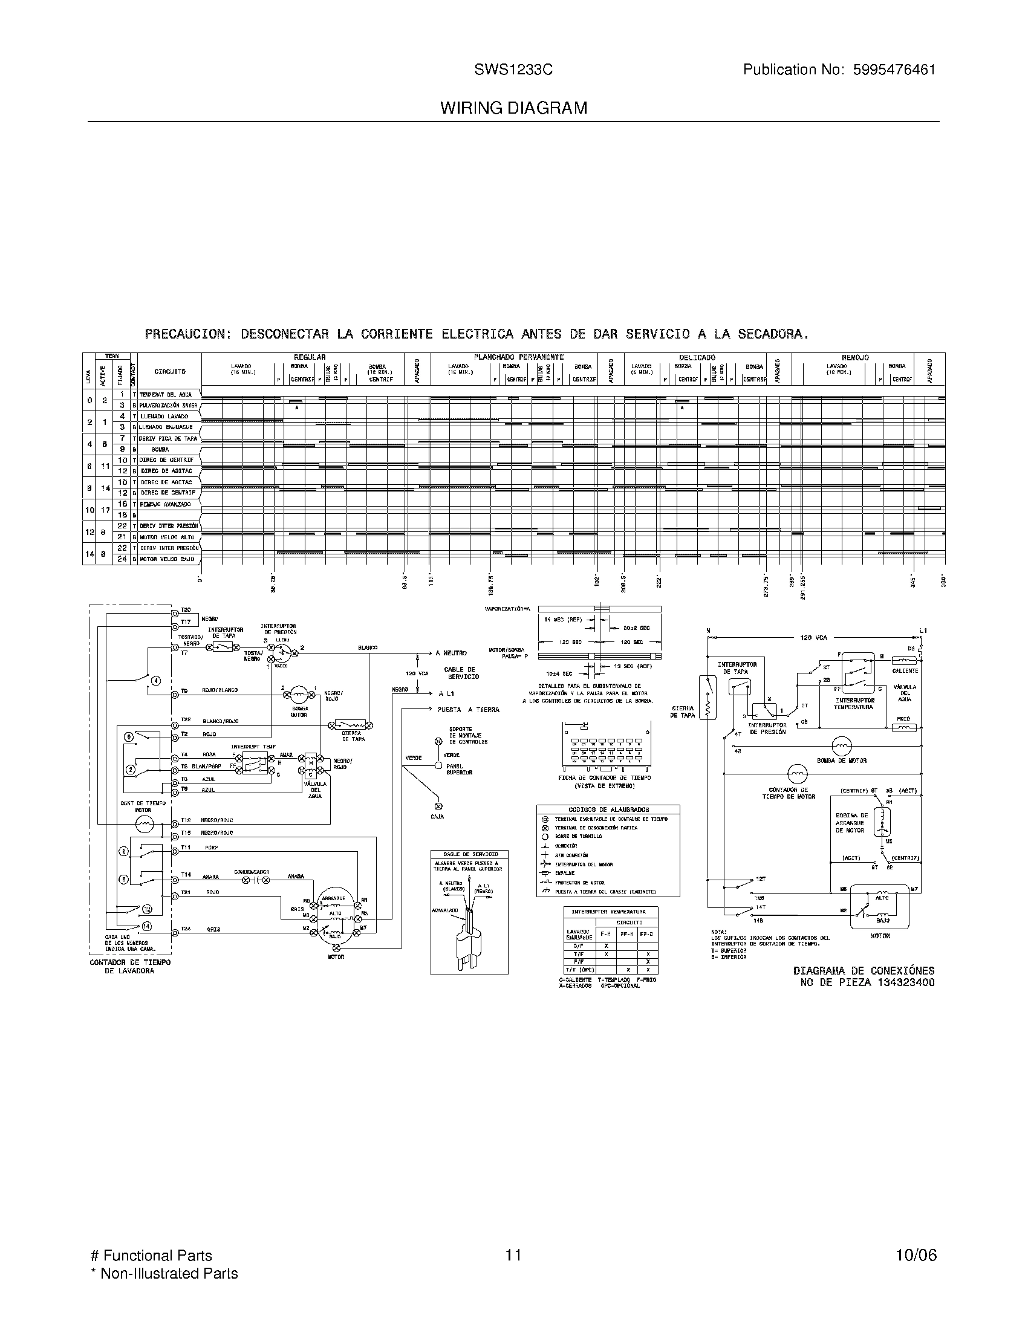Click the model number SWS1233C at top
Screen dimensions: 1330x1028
(x=513, y=70)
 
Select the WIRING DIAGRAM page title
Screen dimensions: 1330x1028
(x=513, y=108)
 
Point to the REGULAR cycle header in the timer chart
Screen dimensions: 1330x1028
(x=310, y=357)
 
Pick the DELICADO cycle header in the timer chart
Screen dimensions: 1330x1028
(x=697, y=357)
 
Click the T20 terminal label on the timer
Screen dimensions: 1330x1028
(x=186, y=609)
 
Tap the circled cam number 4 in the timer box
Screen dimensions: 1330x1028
(x=156, y=680)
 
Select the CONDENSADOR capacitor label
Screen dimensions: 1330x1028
(x=252, y=872)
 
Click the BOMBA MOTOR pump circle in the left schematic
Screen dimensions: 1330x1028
(x=298, y=693)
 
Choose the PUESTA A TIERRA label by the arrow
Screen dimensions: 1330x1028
(x=467, y=710)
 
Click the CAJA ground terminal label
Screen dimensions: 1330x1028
(x=437, y=817)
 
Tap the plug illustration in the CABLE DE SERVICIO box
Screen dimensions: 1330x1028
(x=467, y=938)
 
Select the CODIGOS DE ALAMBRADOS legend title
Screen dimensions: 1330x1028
(x=608, y=810)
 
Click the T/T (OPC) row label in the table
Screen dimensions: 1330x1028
(x=579, y=970)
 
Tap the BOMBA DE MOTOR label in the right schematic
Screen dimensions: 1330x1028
(x=842, y=761)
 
